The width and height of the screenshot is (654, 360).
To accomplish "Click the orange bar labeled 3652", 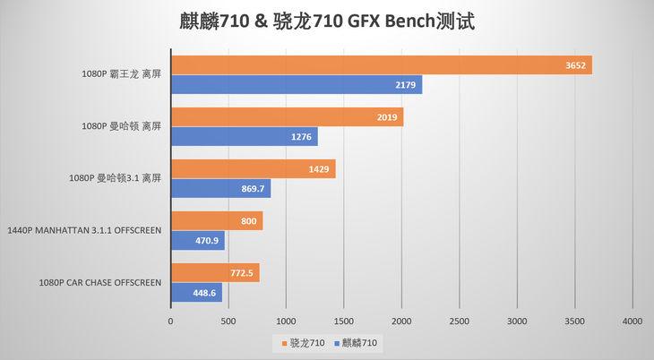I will tap(381, 65).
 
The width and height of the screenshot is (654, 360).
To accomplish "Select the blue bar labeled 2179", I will tap(296, 85).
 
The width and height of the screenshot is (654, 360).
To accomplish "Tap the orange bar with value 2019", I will tap(287, 117).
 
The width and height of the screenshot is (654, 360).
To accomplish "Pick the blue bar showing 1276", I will tap(244, 137).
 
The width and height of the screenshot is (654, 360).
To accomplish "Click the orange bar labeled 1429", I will tap(253, 169).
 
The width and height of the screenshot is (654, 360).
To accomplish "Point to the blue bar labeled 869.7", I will tap(220, 189).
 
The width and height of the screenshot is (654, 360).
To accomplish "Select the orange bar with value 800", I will tap(216, 221).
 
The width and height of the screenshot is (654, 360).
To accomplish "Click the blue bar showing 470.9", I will tap(197, 241).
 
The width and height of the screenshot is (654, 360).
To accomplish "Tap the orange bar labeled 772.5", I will tap(215, 273).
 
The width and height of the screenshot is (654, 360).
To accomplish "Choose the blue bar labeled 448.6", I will tap(196, 293).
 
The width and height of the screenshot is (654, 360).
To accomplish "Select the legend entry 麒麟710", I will tap(358, 343).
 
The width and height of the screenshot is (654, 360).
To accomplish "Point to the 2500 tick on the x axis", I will tap(459, 321).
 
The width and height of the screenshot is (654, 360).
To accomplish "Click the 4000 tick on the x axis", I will tap(632, 321).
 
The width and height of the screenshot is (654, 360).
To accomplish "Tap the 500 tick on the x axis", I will tap(228, 321).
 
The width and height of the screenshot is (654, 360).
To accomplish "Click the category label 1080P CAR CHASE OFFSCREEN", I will tap(99, 283).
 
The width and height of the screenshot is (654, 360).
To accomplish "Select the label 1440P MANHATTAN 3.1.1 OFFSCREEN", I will tap(83, 231).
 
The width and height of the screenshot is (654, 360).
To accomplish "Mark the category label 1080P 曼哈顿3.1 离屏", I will tap(116, 179).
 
